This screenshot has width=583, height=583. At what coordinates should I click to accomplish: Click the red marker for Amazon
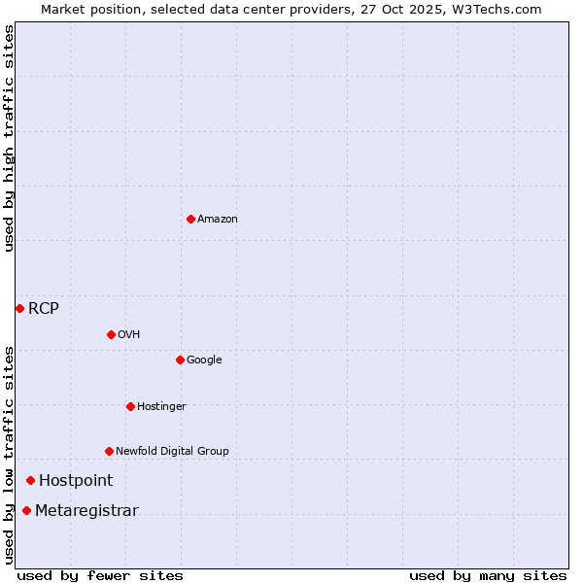[190, 219]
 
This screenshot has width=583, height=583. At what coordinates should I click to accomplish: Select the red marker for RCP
[19, 308]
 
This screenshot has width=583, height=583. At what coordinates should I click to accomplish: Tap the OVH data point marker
[111, 334]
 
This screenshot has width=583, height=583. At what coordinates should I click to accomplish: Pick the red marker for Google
[180, 360]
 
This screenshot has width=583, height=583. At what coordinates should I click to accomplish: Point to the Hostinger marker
[130, 406]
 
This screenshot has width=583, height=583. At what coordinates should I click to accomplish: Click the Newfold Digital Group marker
[109, 451]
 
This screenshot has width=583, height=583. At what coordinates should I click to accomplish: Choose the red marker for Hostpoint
[30, 480]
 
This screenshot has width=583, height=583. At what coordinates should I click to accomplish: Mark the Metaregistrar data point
[26, 511]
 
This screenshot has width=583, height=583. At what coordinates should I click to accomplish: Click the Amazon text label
[218, 220]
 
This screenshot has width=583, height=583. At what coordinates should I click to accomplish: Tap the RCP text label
[44, 309]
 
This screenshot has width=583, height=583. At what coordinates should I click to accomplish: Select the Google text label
[204, 360]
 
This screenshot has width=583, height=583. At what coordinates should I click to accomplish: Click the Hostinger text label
[161, 407]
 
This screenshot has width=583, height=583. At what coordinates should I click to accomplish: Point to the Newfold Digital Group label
[172, 452]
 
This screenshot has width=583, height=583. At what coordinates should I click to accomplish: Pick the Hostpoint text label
[76, 481]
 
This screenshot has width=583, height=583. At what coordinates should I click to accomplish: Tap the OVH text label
[129, 335]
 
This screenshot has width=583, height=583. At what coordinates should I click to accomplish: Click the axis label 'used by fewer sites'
[100, 575]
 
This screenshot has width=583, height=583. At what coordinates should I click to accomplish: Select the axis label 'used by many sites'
[488, 575]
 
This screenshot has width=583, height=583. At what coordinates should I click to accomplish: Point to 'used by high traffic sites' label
[10, 138]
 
